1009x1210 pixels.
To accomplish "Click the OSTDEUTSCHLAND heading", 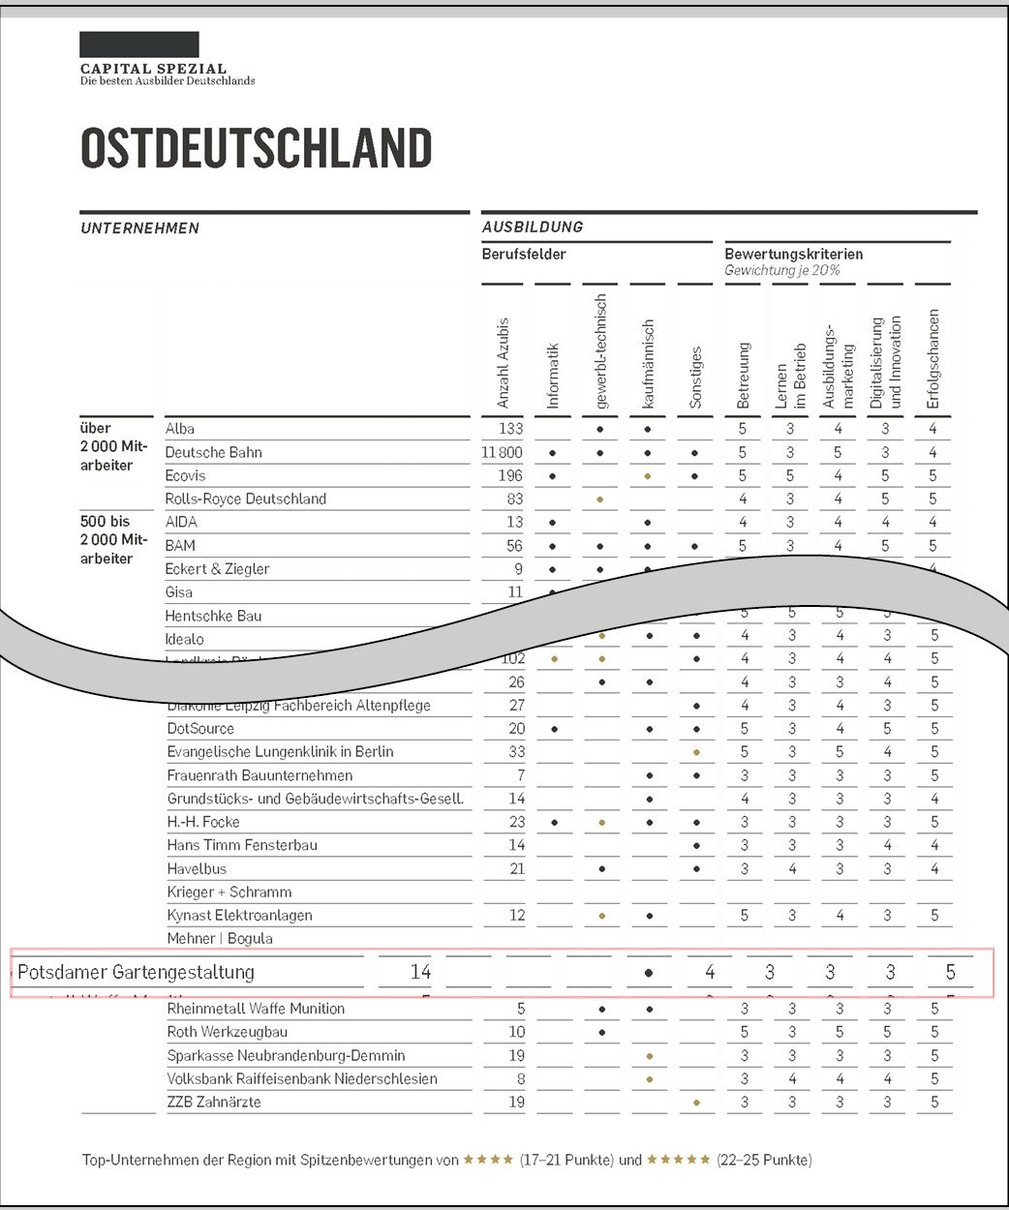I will (256, 149).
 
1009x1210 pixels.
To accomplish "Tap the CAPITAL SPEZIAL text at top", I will (153, 69).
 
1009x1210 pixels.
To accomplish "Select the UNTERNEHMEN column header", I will (139, 228).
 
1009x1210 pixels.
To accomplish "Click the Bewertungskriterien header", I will (793, 255).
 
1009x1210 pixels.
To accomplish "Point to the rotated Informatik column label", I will (553, 376).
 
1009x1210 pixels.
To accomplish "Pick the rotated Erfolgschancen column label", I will (933, 358).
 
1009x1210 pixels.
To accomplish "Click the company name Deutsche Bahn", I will (213, 452).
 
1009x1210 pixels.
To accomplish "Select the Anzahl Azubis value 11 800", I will (502, 452).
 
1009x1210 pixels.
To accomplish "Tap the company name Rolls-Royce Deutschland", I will (245, 499).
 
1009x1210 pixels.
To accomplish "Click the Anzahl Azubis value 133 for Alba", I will (510, 429).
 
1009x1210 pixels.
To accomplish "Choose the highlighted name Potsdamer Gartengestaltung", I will (136, 972).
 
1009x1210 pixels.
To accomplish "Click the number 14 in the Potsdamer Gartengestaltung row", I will (420, 972).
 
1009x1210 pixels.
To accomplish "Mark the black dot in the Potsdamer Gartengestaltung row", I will (649, 973).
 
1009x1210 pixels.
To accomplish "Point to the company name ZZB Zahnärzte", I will (213, 1102).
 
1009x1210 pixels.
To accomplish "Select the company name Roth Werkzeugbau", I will (227, 1032).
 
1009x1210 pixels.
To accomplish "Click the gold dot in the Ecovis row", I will (648, 476).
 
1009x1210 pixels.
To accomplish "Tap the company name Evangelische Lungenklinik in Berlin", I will (280, 751).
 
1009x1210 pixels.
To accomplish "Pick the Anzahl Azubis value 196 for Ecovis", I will (509, 475).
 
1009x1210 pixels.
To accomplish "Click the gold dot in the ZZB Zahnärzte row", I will (696, 1103).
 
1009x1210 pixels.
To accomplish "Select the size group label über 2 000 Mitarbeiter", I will (113, 446).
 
